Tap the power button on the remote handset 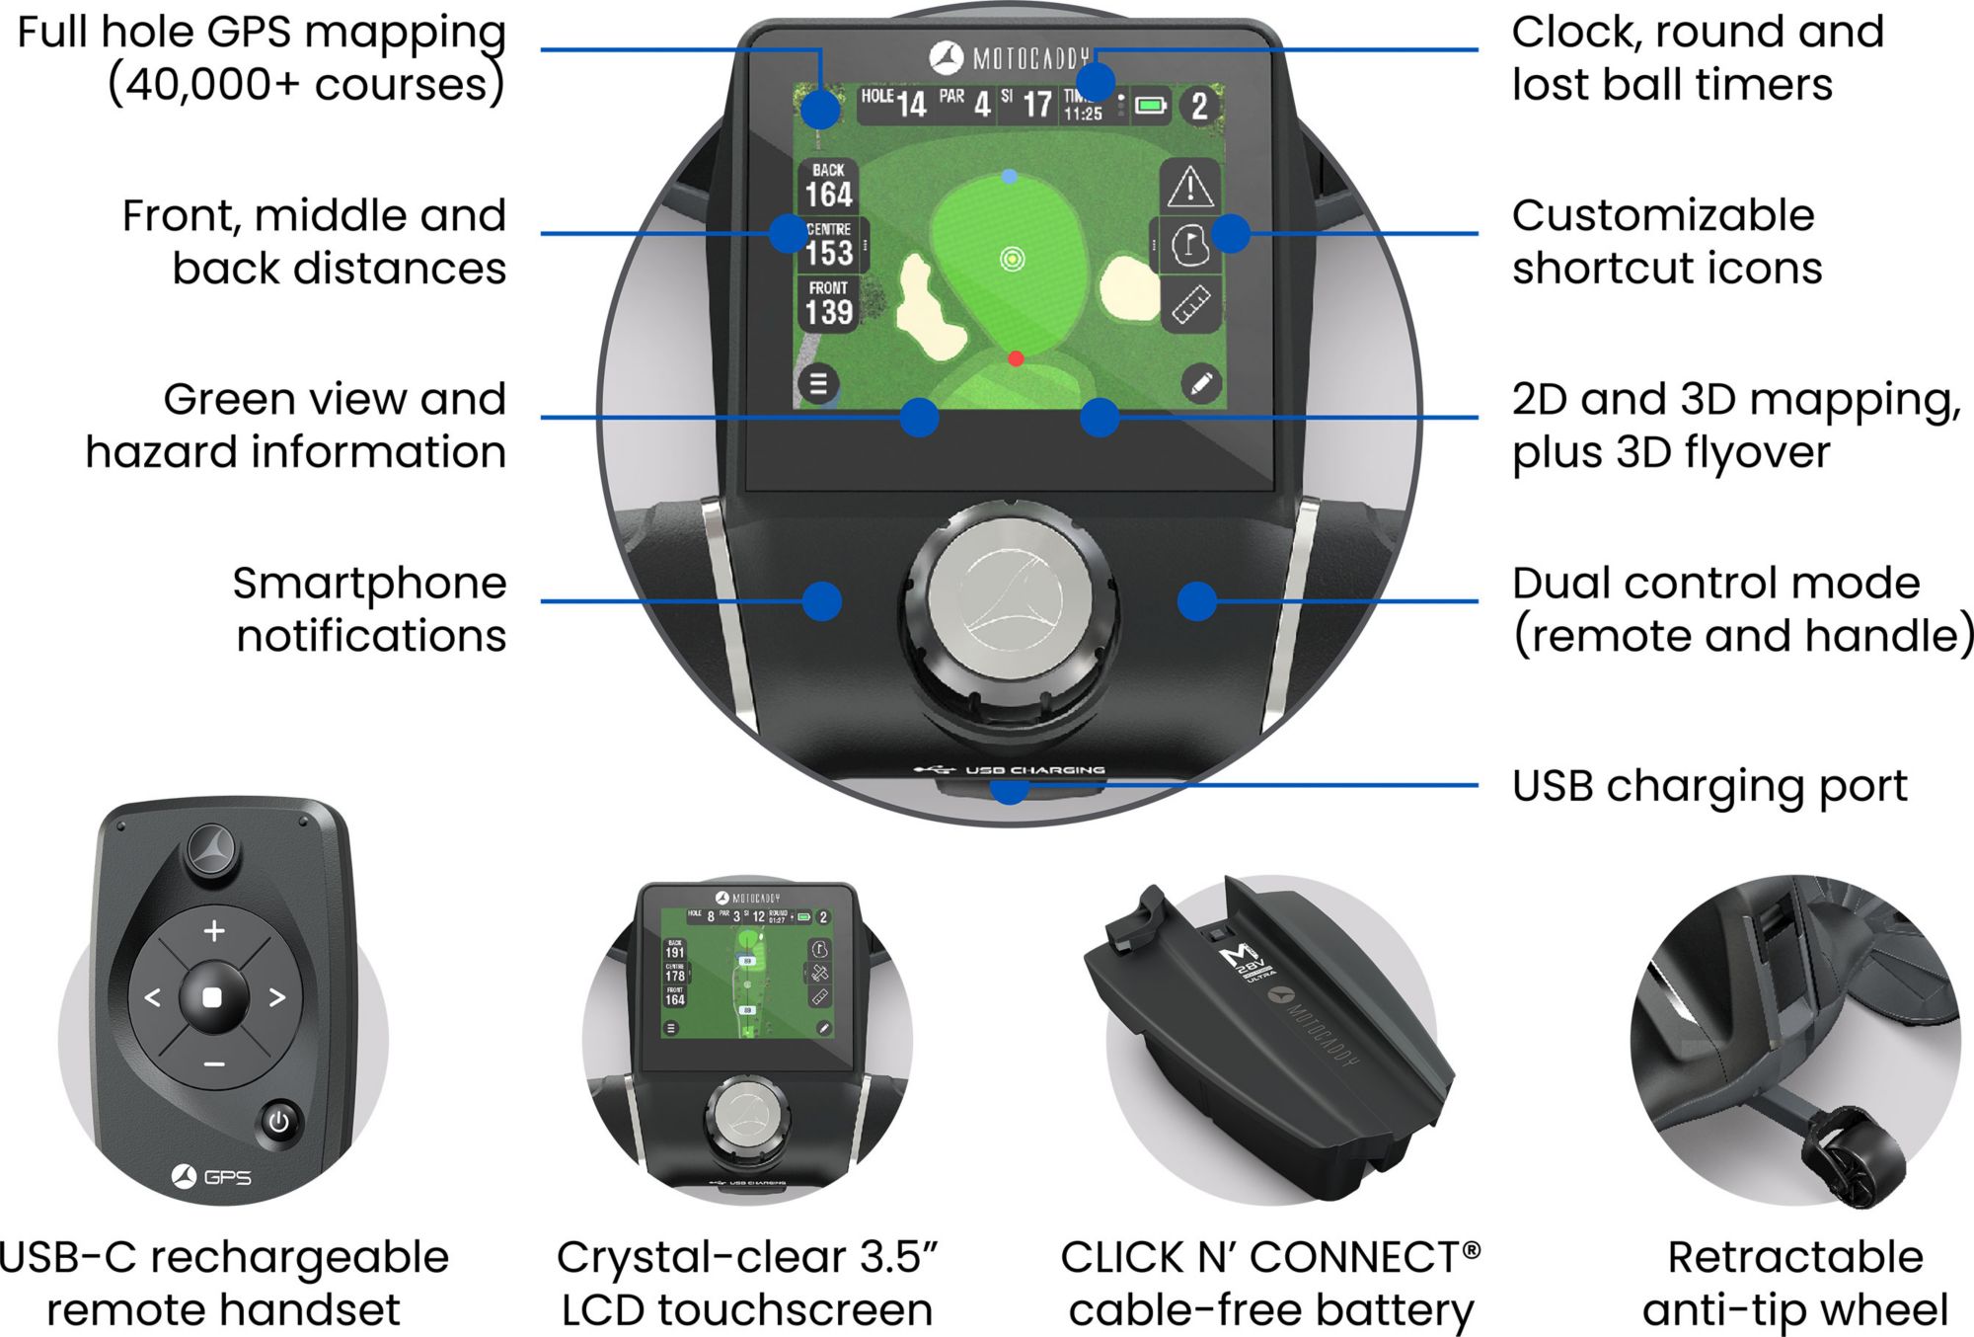click(x=279, y=1122)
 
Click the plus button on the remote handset click(x=214, y=930)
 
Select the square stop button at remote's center click(x=212, y=997)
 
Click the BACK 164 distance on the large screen click(x=828, y=186)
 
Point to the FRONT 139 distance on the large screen click(x=828, y=303)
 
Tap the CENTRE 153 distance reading click(x=828, y=244)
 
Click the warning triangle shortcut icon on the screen click(x=1190, y=187)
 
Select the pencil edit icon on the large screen click(x=1200, y=383)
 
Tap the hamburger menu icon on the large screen click(x=818, y=383)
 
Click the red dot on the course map click(x=1016, y=358)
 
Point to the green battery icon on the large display click(x=1151, y=105)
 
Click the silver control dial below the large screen click(x=1012, y=599)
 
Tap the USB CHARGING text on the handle click(x=1033, y=769)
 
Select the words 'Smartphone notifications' click(x=370, y=608)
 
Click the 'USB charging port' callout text click(x=1708, y=787)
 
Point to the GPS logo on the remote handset click(x=212, y=1176)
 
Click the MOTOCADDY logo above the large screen click(x=1010, y=58)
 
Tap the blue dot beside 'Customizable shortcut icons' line click(x=1230, y=234)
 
